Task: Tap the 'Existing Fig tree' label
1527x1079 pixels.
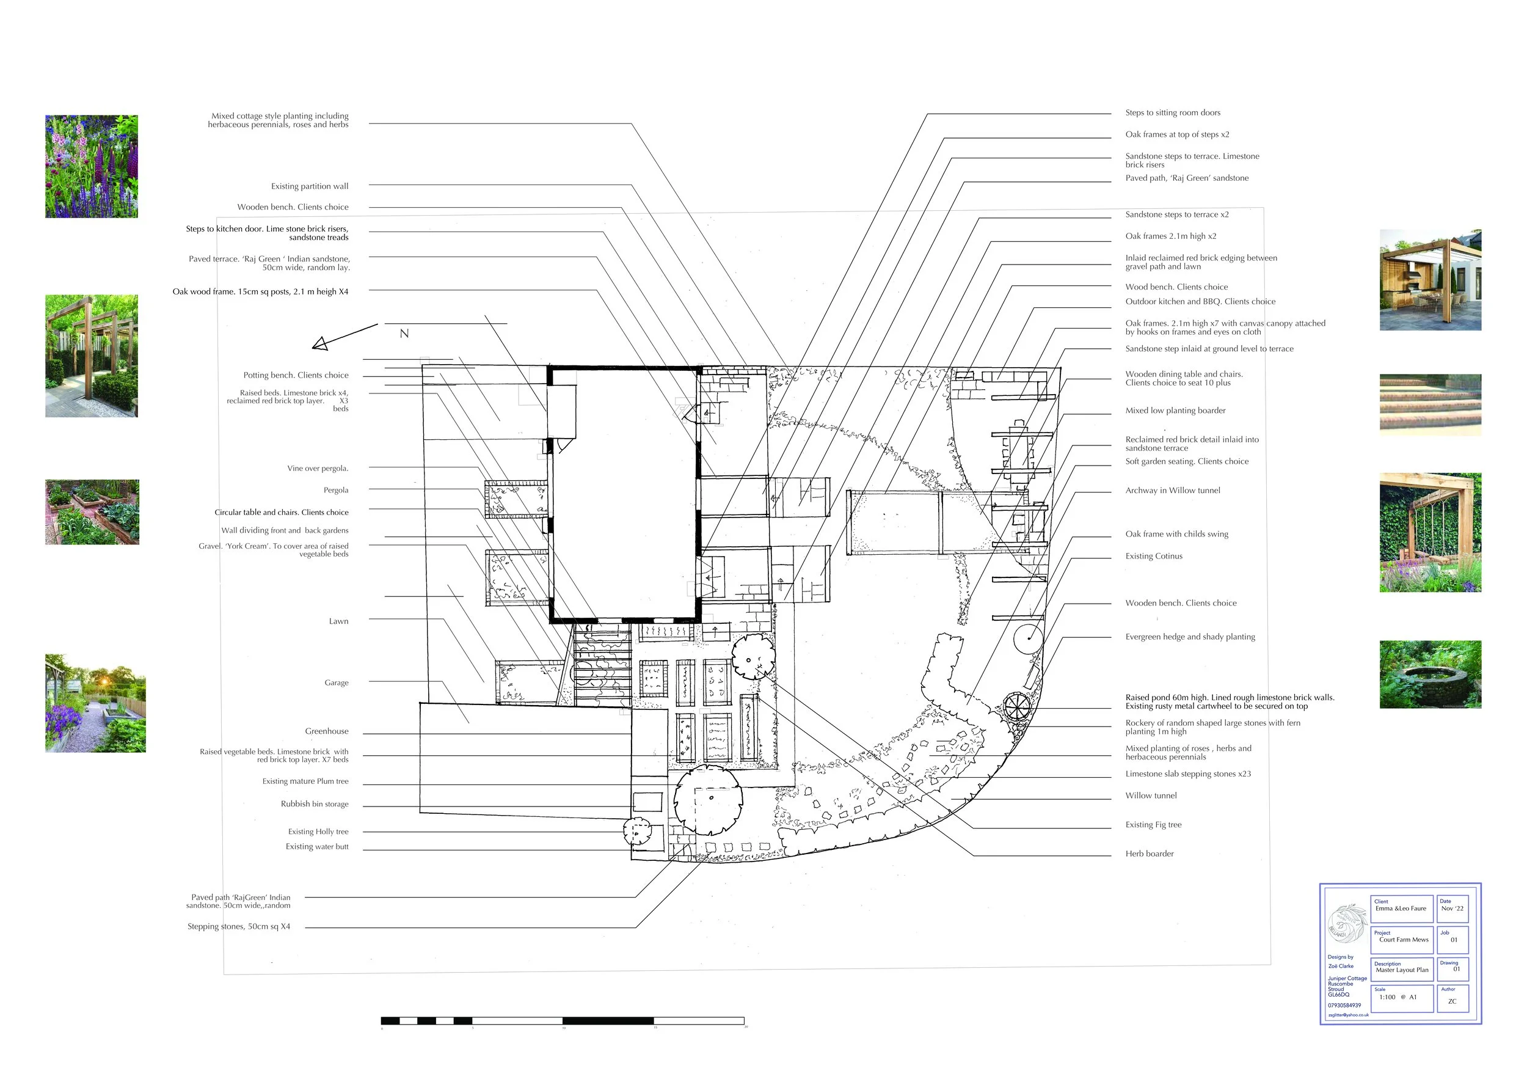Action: click(1153, 825)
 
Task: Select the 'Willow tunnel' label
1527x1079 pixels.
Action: click(1151, 796)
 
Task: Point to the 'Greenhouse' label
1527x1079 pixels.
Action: click(327, 731)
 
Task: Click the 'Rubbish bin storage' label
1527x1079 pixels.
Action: click(315, 804)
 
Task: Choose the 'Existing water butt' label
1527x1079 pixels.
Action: click(316, 847)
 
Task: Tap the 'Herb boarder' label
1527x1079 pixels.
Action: click(1150, 854)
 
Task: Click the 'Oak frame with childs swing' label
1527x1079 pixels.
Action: click(1176, 534)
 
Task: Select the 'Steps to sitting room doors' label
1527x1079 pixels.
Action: click(1173, 113)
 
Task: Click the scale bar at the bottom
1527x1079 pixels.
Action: click(562, 1020)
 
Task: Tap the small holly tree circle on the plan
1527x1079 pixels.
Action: click(637, 830)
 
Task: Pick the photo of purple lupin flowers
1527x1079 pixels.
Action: click(92, 166)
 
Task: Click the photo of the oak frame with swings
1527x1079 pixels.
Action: click(1430, 533)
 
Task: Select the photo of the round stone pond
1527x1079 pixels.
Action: click(1430, 675)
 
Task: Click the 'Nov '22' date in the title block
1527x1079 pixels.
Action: click(1452, 909)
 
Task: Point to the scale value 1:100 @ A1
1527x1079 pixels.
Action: click(1398, 997)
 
